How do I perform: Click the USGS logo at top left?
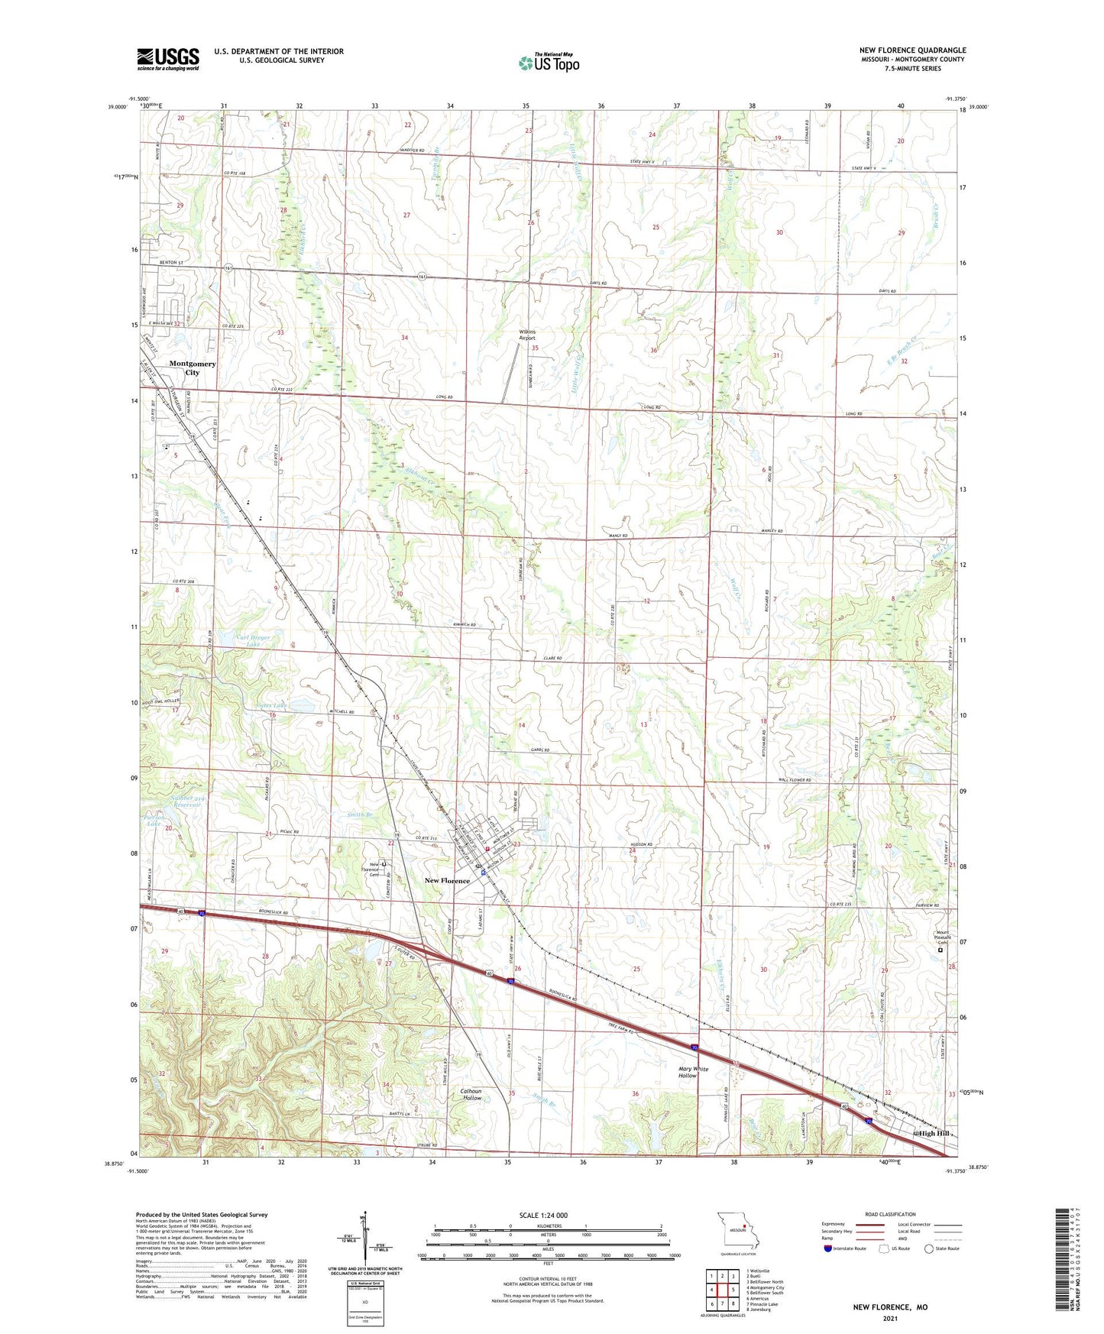(168, 58)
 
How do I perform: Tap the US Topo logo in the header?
(548, 63)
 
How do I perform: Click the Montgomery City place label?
(193, 368)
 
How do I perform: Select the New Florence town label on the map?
(447, 881)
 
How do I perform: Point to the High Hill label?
(934, 1133)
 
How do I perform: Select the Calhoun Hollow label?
(472, 1093)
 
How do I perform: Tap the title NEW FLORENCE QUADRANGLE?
(912, 50)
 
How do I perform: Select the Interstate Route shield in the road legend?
(828, 1248)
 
